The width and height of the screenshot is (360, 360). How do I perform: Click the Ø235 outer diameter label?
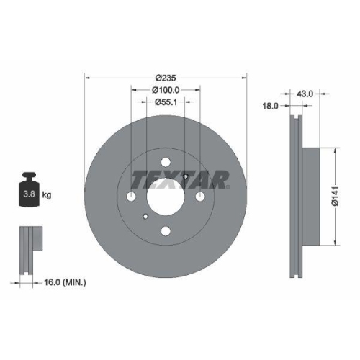pos(166,77)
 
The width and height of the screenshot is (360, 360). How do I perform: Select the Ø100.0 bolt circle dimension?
pos(166,90)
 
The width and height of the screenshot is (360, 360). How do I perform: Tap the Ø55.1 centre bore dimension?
pos(166,103)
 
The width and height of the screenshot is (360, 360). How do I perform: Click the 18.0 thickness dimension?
pos(271,105)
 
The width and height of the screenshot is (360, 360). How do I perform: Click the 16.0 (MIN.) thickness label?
pos(65,284)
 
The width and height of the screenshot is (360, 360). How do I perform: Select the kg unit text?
pos(46,195)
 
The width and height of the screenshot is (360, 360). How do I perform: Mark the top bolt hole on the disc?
pos(166,162)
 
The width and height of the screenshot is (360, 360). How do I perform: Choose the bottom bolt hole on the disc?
pos(166,231)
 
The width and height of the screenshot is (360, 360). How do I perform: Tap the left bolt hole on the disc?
pos(131,197)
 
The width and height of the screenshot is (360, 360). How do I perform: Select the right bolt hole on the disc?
pos(200,197)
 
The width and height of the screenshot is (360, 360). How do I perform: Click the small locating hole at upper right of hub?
pos(186,176)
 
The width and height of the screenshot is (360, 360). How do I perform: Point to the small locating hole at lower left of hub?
pos(145,217)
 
